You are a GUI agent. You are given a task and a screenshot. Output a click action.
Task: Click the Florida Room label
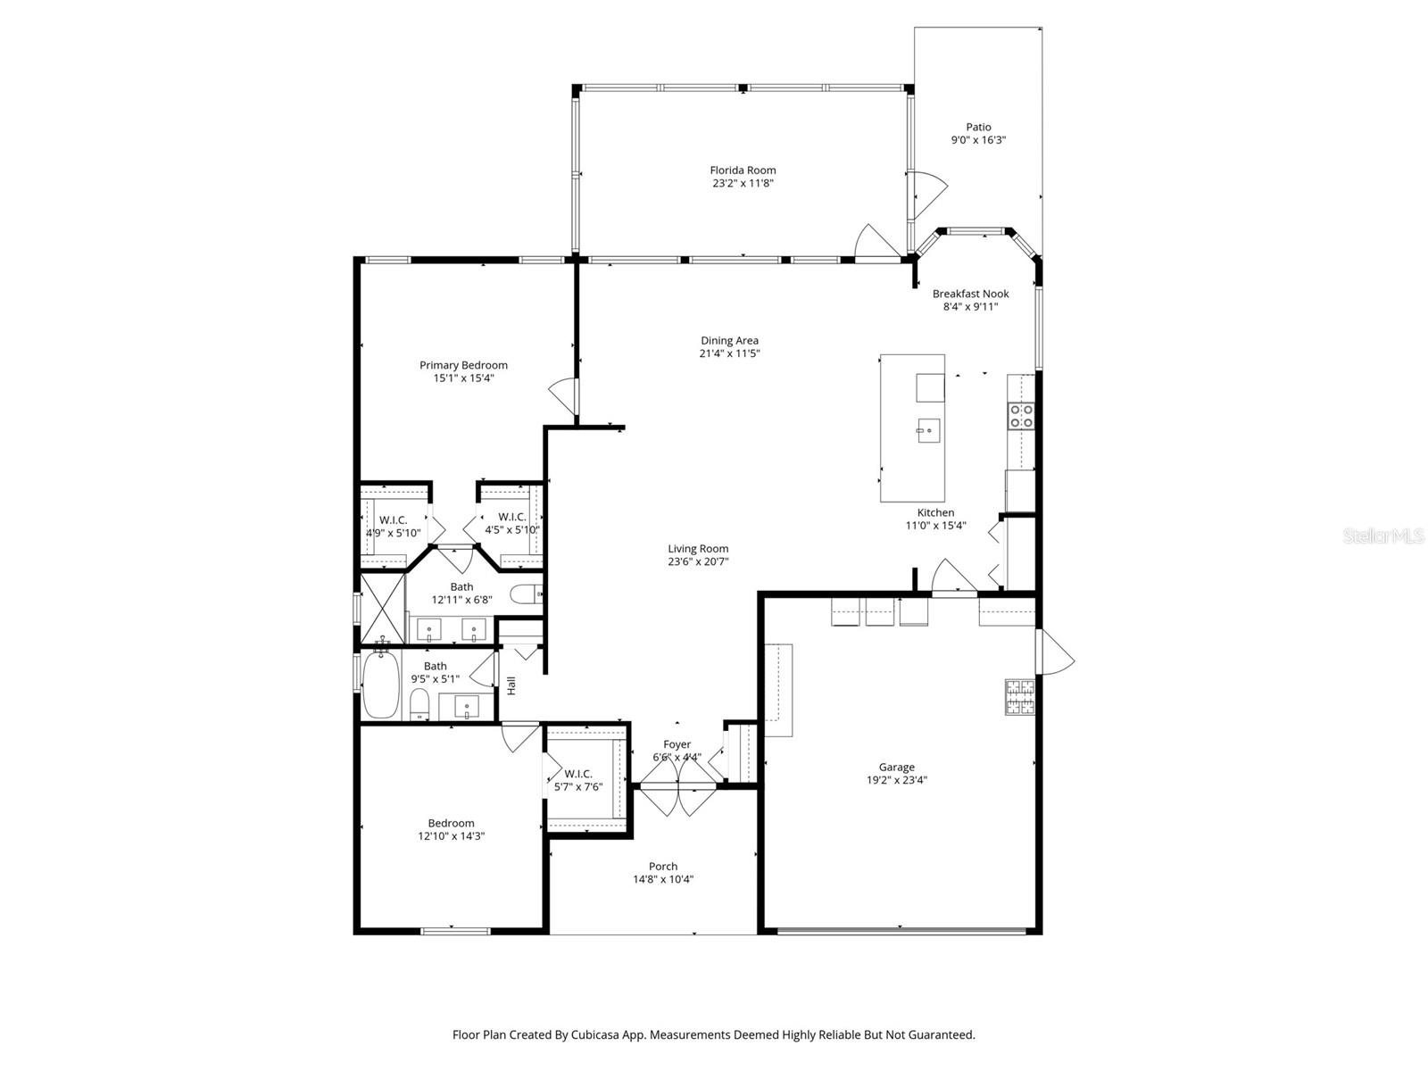(743, 170)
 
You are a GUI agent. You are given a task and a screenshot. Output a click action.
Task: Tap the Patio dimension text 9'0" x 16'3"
(978, 140)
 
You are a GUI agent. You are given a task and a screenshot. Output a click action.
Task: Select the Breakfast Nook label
(970, 294)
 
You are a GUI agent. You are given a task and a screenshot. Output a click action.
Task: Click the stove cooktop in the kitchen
(1021, 416)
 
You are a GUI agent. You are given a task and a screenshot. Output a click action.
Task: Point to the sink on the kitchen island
(928, 431)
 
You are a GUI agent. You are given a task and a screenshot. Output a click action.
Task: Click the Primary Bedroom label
(463, 365)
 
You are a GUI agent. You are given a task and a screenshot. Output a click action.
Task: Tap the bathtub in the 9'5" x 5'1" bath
(381, 684)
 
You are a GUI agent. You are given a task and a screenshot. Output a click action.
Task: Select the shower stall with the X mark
(382, 610)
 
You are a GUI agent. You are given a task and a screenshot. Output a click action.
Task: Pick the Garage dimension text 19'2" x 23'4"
(897, 779)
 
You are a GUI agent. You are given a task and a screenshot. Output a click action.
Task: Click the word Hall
(511, 685)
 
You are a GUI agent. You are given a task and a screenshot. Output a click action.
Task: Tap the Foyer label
(677, 744)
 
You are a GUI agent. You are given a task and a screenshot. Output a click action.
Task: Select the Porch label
(663, 866)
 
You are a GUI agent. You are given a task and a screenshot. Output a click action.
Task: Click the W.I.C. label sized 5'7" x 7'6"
(578, 774)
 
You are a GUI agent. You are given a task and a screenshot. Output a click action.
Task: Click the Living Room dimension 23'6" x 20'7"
(698, 562)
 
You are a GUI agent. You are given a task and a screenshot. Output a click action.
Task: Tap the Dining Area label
(729, 340)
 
